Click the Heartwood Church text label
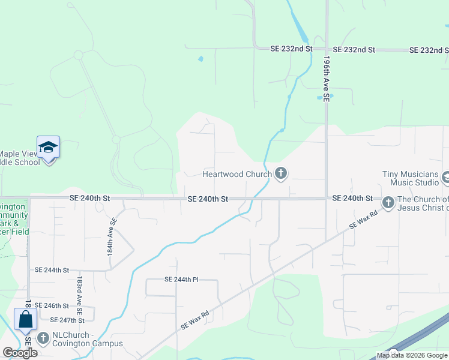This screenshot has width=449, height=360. [237, 175]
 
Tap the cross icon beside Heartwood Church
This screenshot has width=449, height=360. [280, 175]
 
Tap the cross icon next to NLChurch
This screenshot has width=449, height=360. [43, 338]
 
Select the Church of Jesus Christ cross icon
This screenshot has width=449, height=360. [388, 203]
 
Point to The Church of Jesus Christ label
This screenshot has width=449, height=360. [423, 204]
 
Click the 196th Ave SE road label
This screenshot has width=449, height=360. [327, 78]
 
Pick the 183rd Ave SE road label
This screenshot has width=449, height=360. [79, 290]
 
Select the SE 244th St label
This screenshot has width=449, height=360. [52, 271]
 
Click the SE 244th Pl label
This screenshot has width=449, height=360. [181, 280]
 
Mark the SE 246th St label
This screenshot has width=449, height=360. [52, 306]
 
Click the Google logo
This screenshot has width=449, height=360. [20, 353]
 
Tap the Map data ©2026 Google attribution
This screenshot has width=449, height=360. [412, 356]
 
